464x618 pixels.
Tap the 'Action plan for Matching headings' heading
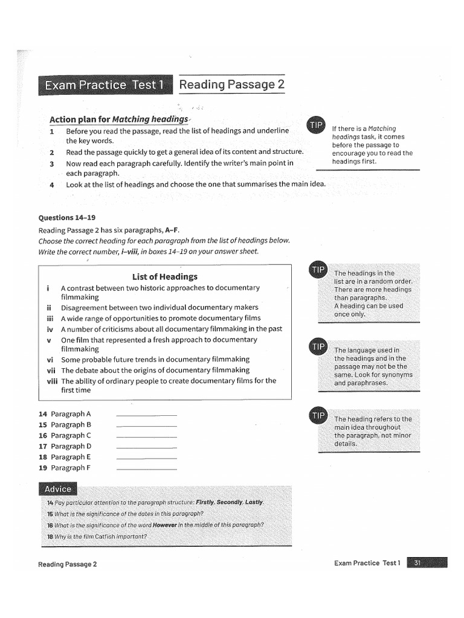pos(118,119)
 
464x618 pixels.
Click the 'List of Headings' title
pos(164,276)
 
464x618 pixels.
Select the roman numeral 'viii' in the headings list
pos(51,381)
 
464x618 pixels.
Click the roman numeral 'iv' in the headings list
pos(50,329)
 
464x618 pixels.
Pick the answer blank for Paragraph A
pos(146,415)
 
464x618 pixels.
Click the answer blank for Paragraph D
pos(146,447)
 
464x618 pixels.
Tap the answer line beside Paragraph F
pos(146,469)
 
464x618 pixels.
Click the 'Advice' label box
pos(58,489)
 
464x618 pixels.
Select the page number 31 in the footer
pos(417,563)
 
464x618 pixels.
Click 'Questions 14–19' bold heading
pos(66,218)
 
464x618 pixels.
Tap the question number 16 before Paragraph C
pos(42,436)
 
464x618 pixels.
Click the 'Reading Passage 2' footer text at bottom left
pos(66,564)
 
